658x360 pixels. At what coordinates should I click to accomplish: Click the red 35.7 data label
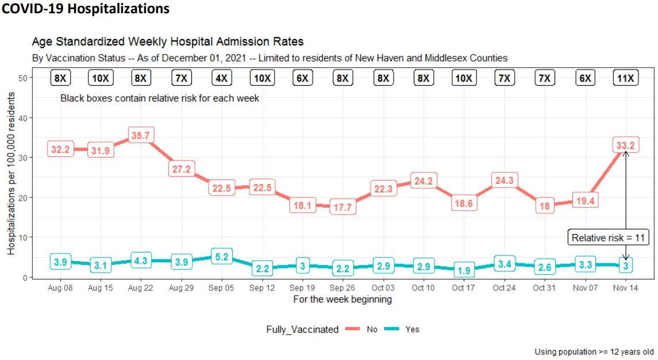pos(141,136)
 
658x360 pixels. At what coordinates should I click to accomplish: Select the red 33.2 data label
pos(626,146)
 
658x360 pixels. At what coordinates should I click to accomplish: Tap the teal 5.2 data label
pos(221,257)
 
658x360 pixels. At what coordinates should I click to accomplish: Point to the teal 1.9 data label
pos(463,270)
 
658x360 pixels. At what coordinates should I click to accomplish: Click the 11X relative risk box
pos(626,78)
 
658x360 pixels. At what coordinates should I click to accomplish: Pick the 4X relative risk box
pos(221,78)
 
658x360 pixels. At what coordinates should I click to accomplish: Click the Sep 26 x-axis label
pos(343,288)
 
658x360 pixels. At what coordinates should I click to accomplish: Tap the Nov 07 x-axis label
pos(585,288)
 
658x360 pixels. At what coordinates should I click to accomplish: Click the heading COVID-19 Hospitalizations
pos(85,9)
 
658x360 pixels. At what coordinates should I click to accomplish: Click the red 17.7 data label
pos(343,208)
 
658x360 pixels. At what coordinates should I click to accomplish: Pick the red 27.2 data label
pos(181,170)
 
